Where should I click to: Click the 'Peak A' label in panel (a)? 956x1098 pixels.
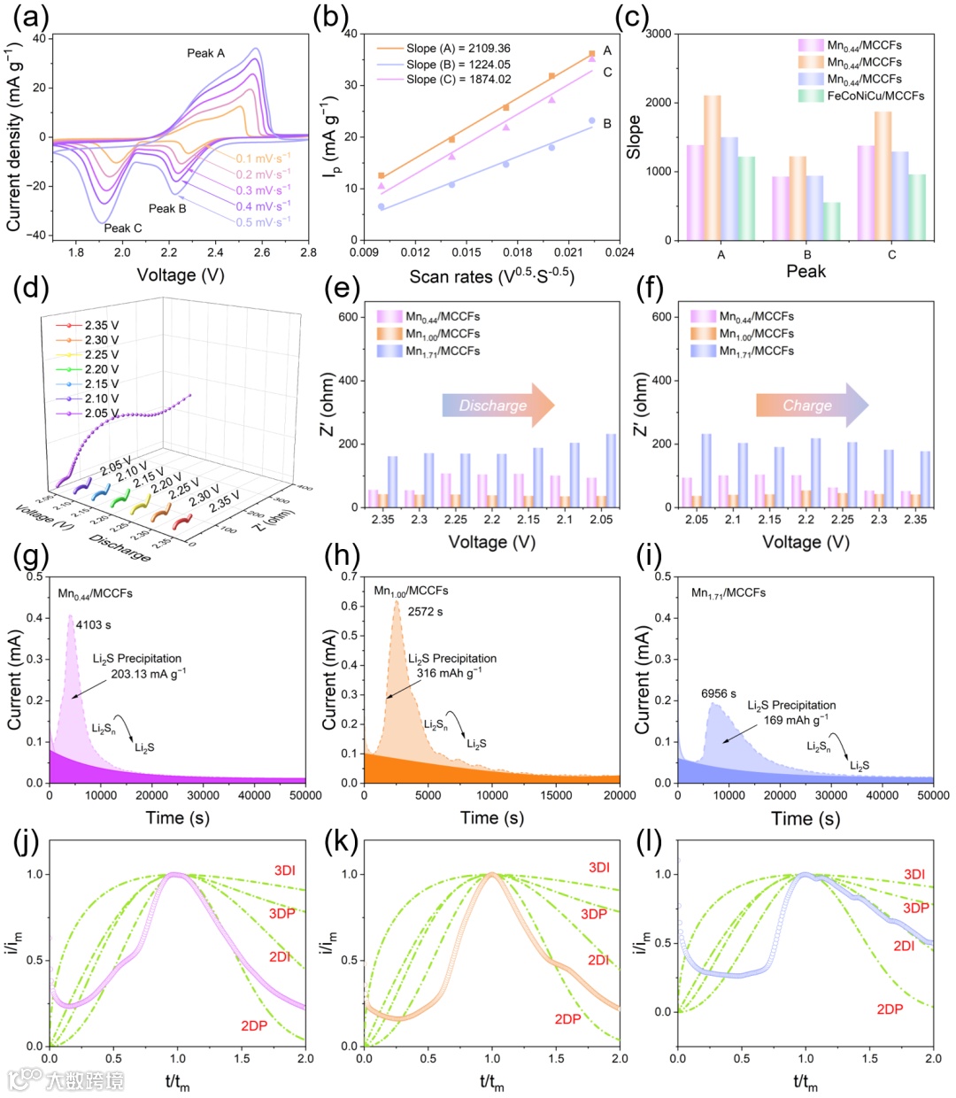coord(205,53)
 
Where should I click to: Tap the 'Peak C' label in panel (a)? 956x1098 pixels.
coord(123,228)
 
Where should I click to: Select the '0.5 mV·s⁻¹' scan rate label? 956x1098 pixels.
coord(264,222)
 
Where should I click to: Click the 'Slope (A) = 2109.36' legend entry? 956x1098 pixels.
coord(458,49)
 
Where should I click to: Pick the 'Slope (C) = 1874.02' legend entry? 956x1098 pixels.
coord(458,80)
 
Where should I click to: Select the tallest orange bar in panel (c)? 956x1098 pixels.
coord(713,167)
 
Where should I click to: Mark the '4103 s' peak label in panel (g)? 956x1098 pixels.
coord(94,625)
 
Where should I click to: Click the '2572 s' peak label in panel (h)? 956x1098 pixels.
coord(425,612)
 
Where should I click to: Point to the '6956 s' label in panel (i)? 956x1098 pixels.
coord(719,693)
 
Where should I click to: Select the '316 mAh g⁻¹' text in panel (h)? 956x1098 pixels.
coord(449,672)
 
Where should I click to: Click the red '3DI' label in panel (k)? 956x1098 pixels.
coord(599,868)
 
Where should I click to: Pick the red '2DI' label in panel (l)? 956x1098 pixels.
coord(904,946)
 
